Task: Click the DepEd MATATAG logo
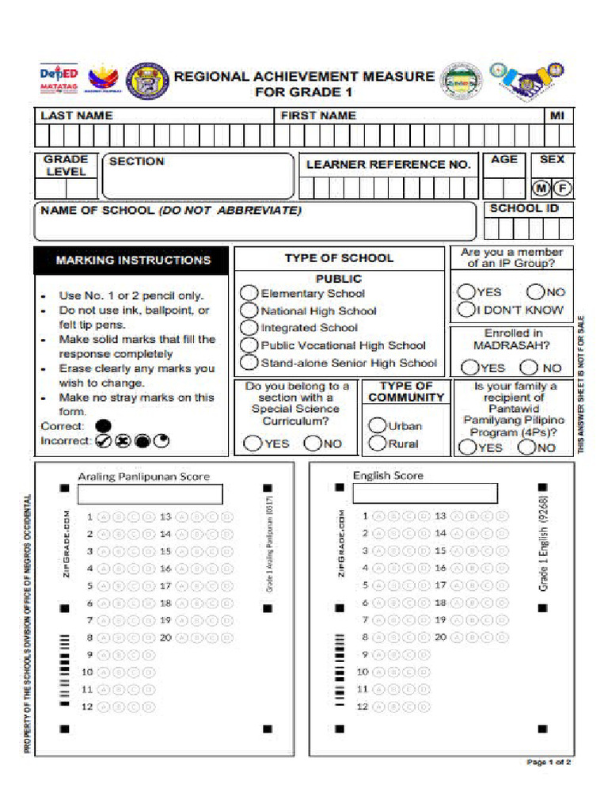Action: tap(59, 81)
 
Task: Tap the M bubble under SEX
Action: tap(541, 188)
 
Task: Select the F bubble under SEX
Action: tap(562, 188)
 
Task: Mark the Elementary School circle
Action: tap(249, 293)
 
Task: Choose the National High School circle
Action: tap(249, 310)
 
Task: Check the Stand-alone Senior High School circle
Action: tap(249, 363)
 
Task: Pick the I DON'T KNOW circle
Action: tap(466, 310)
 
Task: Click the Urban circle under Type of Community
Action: tap(378, 425)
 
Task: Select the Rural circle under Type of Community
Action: tap(378, 444)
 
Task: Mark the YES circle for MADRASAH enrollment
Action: tap(470, 367)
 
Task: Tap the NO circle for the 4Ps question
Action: tap(527, 447)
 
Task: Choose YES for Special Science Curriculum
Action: tap(253, 444)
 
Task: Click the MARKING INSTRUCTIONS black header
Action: tap(131, 260)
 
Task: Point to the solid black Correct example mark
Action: tap(103, 426)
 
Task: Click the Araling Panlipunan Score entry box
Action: tap(150, 495)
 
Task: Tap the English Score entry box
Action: tap(425, 493)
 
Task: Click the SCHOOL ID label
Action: tap(524, 209)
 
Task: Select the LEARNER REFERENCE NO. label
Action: tap(388, 165)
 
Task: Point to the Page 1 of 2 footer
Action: tap(549, 762)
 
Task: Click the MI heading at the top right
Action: tap(557, 116)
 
